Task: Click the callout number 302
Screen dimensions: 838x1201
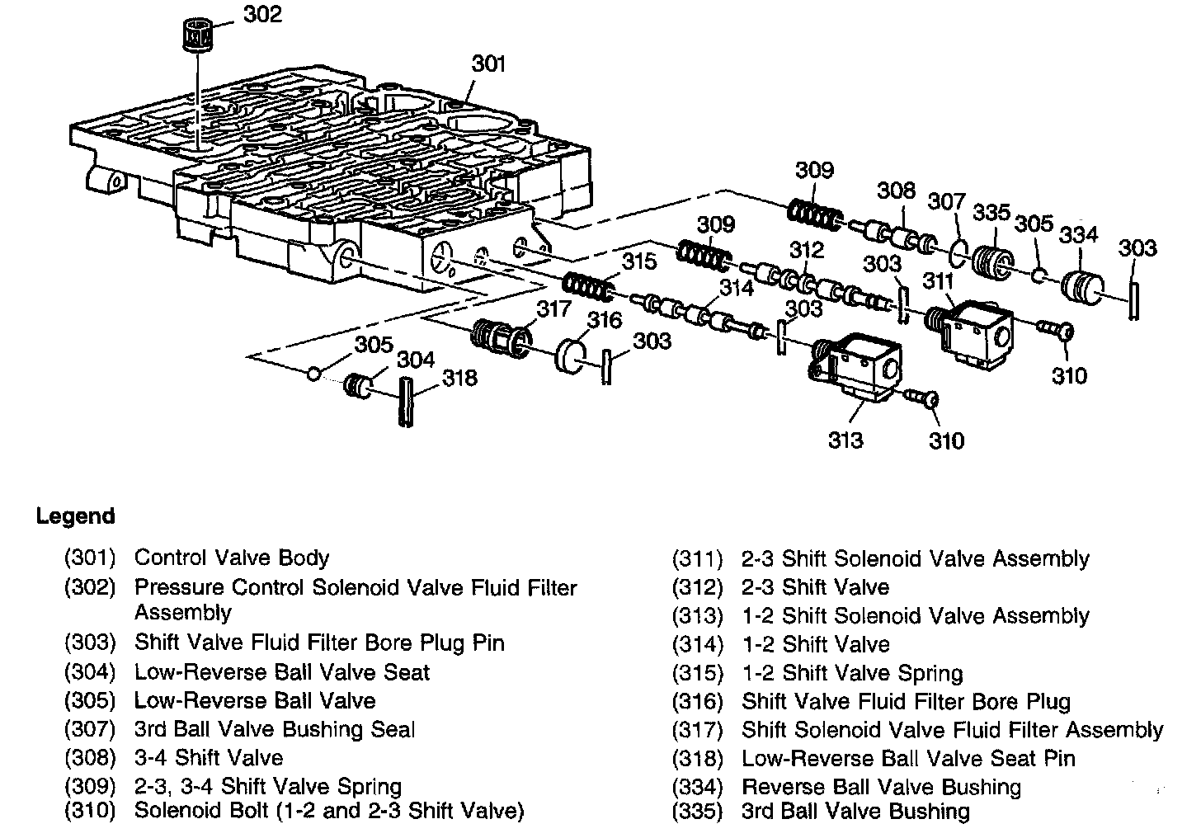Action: pos(263,14)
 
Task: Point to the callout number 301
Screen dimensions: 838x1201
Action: pos(488,64)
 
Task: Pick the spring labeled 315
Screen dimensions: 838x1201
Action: pos(587,288)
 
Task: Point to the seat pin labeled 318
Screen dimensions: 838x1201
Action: pos(407,402)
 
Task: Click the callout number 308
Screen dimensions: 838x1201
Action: pos(896,191)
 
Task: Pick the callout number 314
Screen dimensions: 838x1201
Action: pos(736,287)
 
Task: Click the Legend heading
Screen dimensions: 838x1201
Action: pos(75,517)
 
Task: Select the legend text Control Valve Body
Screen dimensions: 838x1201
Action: pos(232,558)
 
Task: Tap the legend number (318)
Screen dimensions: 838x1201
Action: pos(697,758)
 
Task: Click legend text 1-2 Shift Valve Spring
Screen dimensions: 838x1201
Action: pos(852,673)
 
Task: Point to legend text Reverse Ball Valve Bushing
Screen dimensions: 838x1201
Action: pos(881,787)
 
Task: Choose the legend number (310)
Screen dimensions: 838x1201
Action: pos(89,811)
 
